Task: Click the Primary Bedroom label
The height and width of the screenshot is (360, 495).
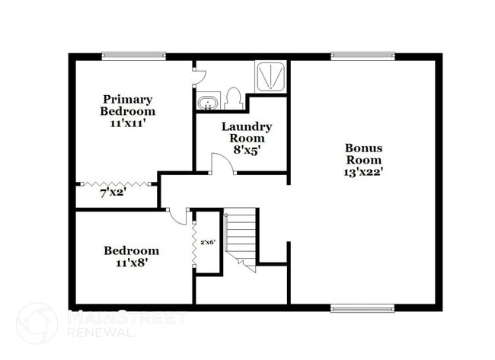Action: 128,105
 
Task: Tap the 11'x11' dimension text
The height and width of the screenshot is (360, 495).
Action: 128,123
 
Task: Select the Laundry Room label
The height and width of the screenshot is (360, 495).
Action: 247,132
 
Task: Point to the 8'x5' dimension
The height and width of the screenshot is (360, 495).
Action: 247,150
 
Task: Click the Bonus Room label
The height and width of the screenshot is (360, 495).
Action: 364,154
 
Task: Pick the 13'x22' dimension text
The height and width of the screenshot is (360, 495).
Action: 363,171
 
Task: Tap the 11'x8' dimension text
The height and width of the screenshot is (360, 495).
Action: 131,263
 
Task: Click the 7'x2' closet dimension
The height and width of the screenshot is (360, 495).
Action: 113,193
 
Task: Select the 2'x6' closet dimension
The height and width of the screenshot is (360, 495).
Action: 208,242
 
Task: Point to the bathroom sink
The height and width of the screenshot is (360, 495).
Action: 208,102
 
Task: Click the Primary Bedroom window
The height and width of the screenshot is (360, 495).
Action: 134,56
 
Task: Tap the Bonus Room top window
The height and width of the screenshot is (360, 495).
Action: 362,56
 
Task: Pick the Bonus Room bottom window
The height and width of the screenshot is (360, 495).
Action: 362,307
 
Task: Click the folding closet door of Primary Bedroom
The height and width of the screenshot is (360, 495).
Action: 117,183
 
